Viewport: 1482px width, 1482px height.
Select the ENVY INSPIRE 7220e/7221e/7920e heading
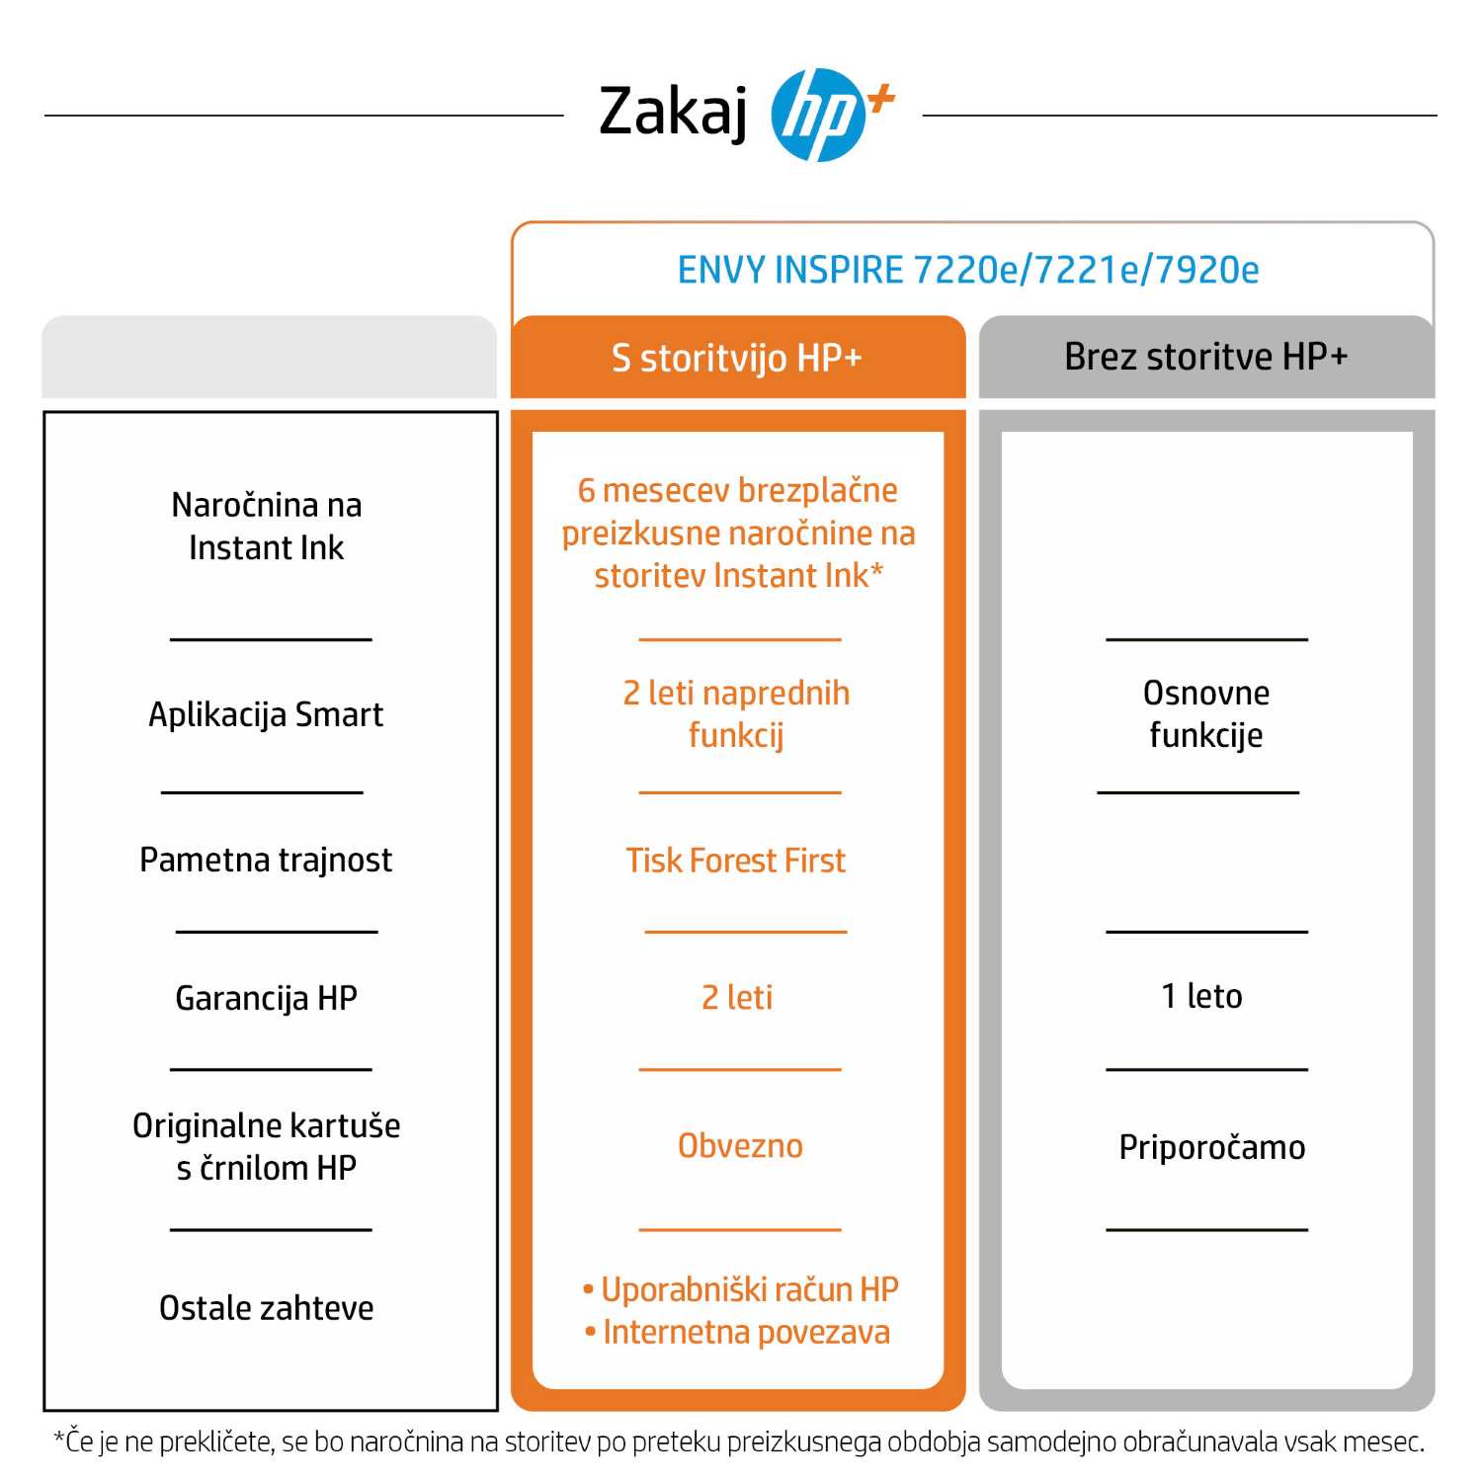[968, 270]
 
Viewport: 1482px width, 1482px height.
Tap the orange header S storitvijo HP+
[737, 358]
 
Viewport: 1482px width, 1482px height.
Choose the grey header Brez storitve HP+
[1205, 357]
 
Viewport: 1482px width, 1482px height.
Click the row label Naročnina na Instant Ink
[267, 526]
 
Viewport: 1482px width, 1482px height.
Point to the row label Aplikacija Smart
[266, 714]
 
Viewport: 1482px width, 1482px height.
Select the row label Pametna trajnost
[266, 860]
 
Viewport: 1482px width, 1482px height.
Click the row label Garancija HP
[266, 998]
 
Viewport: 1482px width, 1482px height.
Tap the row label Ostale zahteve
[267, 1308]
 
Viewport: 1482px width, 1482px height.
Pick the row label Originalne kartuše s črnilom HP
[267, 1146]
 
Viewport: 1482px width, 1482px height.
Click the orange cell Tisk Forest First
[736, 861]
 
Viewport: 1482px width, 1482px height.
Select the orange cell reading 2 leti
[737, 998]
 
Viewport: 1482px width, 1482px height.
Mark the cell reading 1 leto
[1201, 996]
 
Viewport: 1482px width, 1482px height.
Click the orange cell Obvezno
[740, 1146]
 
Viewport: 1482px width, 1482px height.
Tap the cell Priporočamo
[1211, 1147]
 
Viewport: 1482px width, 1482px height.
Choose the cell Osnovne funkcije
[1205, 713]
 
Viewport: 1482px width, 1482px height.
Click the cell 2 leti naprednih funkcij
[736, 713]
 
